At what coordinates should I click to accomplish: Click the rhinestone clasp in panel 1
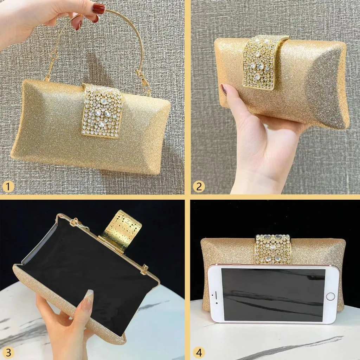tap(102, 111)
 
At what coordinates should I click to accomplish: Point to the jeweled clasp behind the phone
tap(273, 247)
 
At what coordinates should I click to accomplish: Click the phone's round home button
tap(330, 296)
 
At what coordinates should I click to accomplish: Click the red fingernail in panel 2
tap(224, 89)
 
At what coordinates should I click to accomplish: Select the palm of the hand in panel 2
tap(267, 144)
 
